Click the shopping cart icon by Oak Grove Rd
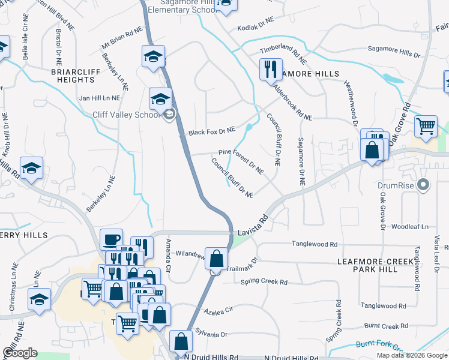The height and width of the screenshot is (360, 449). tap(426, 127)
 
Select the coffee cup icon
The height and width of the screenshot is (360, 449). tap(111, 240)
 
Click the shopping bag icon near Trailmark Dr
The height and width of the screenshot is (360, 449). tap(216, 259)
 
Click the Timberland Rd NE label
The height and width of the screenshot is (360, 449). tap(283, 56)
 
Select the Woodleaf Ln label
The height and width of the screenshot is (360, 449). tap(410, 227)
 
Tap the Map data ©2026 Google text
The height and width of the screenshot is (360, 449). tap(411, 355)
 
